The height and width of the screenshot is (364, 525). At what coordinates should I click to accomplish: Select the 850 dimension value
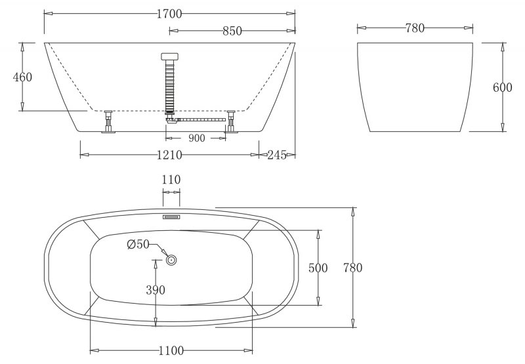pyautogui.click(x=232, y=30)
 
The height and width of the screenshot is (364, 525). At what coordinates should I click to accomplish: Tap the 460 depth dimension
pyautogui.click(x=22, y=77)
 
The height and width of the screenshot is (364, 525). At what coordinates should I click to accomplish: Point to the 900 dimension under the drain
pyautogui.click(x=197, y=138)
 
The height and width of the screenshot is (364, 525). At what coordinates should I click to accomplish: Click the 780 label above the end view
pyautogui.click(x=415, y=28)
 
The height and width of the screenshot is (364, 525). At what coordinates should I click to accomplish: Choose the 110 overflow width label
pyautogui.click(x=171, y=180)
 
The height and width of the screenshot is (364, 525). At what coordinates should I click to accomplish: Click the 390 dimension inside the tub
pyautogui.click(x=156, y=290)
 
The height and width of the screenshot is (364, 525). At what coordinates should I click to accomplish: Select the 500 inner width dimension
pyautogui.click(x=319, y=268)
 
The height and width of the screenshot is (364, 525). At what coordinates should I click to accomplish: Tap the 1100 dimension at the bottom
pyautogui.click(x=171, y=351)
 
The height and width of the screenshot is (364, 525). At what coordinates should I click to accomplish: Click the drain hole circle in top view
pyautogui.click(x=171, y=260)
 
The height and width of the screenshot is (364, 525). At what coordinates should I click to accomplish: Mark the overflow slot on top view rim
pyautogui.click(x=171, y=214)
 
